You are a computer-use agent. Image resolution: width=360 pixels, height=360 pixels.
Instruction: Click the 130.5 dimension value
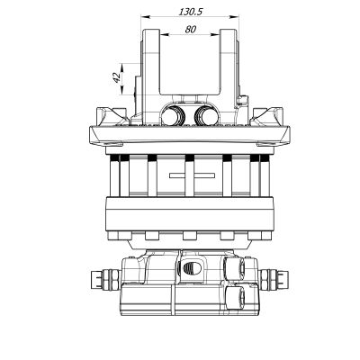tap(188, 12)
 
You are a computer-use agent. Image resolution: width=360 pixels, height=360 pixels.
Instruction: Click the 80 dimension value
tap(190, 29)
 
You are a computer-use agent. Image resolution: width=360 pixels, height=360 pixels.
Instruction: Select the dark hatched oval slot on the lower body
tap(190, 269)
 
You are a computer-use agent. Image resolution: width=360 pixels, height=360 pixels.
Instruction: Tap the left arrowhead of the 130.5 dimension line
tap(144, 18)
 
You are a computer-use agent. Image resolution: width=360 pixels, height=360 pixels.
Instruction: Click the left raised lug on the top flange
tap(112, 114)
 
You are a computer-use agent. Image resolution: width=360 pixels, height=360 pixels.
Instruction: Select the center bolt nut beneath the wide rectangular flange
tap(190, 236)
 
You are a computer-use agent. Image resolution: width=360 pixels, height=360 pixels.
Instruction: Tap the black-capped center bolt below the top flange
tap(190, 159)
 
